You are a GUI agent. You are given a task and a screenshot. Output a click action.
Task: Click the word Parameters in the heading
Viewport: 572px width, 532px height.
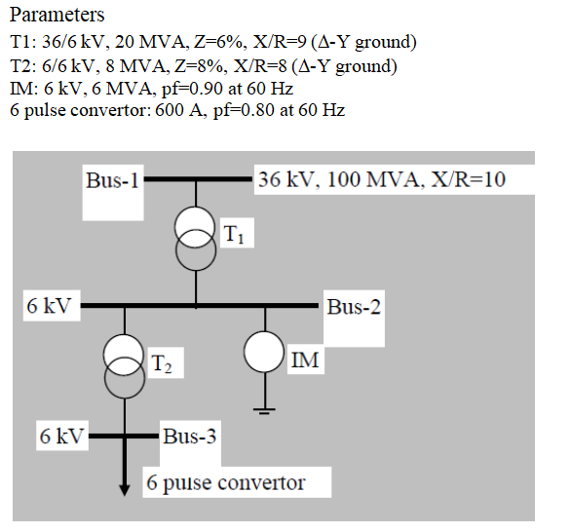tap(57, 16)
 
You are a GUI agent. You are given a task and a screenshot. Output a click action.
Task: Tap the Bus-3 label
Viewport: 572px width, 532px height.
tap(190, 436)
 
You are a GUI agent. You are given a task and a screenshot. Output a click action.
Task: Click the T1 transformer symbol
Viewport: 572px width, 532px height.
tap(196, 240)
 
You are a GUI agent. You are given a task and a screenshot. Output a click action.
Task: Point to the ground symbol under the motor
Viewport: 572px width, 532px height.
tap(264, 407)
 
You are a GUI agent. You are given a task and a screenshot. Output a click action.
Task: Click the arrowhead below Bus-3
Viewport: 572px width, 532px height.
tap(125, 487)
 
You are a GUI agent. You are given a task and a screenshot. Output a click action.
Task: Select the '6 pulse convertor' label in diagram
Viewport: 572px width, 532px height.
tap(225, 482)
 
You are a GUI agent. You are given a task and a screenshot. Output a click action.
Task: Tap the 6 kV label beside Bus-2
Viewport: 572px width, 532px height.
tap(49, 306)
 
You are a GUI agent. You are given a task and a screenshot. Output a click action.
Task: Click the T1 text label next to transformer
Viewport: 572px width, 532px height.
tap(235, 234)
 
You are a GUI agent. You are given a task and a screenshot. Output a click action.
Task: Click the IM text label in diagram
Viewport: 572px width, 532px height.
tap(304, 361)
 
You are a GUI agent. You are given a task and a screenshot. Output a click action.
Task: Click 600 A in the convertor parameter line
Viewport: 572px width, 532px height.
tap(164, 111)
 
